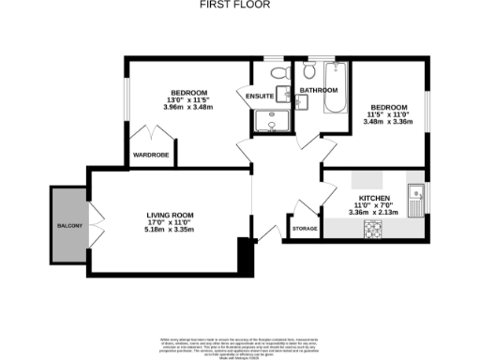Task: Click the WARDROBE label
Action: [x=149, y=155]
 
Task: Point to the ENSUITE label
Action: [x=260, y=96]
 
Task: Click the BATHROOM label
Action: [x=318, y=90]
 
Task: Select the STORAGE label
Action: [x=305, y=228]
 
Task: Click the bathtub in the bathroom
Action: [x=336, y=88]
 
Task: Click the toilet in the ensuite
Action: [x=277, y=74]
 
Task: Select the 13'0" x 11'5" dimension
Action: [x=188, y=99]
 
